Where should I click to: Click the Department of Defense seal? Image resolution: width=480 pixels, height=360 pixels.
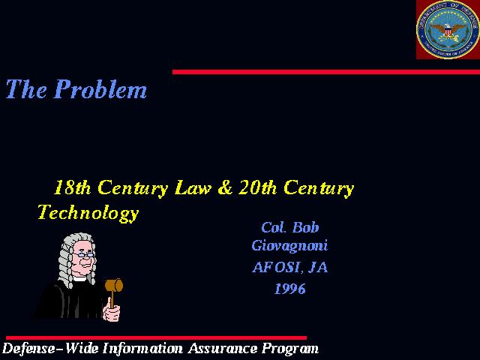[x=448, y=29]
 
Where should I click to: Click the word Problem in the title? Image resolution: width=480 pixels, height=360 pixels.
[x=100, y=89]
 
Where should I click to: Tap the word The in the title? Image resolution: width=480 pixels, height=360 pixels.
[x=26, y=89]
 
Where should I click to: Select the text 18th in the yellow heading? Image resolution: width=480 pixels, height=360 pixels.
[x=72, y=187]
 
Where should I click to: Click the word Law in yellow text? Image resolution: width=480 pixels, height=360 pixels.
[x=193, y=187]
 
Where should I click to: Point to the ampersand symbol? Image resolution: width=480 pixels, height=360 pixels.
[x=225, y=187]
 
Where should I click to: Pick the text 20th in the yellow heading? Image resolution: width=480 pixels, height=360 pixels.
[x=257, y=187]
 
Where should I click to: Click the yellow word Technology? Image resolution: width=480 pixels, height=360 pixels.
[x=88, y=213]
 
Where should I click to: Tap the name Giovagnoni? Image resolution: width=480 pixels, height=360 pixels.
[x=289, y=246]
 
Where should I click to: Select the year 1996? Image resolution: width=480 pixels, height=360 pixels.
[x=290, y=289]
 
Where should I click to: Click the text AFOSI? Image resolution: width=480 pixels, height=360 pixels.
[x=278, y=268]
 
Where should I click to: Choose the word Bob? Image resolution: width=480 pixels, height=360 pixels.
[x=305, y=227]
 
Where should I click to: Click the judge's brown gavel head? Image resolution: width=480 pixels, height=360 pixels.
[x=114, y=285]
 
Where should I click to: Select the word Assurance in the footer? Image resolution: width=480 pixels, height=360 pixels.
[x=223, y=348]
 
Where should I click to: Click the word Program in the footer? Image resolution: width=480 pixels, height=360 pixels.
[x=290, y=349]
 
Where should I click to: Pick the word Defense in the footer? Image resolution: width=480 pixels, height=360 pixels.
[x=28, y=348]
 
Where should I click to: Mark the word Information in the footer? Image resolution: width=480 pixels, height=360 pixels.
[x=142, y=348]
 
